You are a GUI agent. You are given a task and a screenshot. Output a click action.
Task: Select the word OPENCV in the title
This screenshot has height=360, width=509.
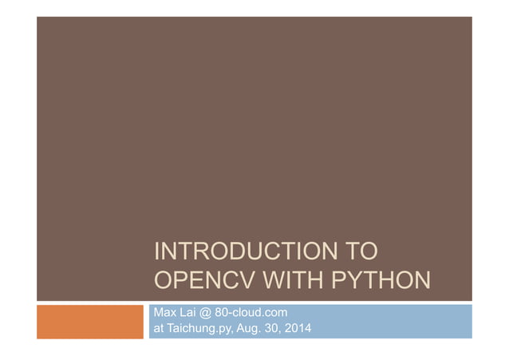(196, 283)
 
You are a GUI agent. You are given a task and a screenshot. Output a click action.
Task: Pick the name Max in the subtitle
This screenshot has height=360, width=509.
(162, 312)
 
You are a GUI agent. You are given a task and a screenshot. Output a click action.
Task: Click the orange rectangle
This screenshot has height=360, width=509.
(90, 321)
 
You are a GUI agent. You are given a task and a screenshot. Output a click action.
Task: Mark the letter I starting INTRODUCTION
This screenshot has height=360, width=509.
(155, 254)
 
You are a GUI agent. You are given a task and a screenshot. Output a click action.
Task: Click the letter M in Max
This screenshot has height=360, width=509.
(157, 312)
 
